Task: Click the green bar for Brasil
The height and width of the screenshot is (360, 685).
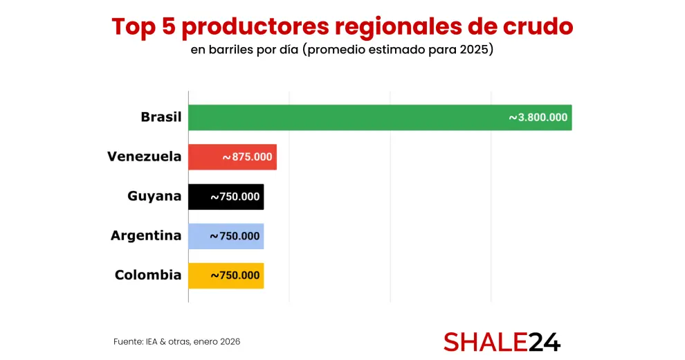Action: click(346, 118)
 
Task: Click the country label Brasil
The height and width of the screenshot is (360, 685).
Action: click(161, 117)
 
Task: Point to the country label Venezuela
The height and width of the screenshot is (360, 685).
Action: click(144, 156)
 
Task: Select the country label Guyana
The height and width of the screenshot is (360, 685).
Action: click(154, 196)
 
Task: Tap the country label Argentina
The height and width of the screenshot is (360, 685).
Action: click(146, 235)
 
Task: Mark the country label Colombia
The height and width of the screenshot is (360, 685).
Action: click(148, 275)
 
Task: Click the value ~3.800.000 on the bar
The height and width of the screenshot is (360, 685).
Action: click(538, 118)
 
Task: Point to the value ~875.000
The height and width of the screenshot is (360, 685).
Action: click(248, 157)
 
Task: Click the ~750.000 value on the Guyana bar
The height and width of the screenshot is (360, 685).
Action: click(235, 197)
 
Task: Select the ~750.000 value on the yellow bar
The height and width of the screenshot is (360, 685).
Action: click(235, 276)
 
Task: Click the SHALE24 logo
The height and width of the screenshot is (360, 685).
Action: click(502, 341)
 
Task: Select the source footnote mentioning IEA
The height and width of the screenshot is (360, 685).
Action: click(176, 342)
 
